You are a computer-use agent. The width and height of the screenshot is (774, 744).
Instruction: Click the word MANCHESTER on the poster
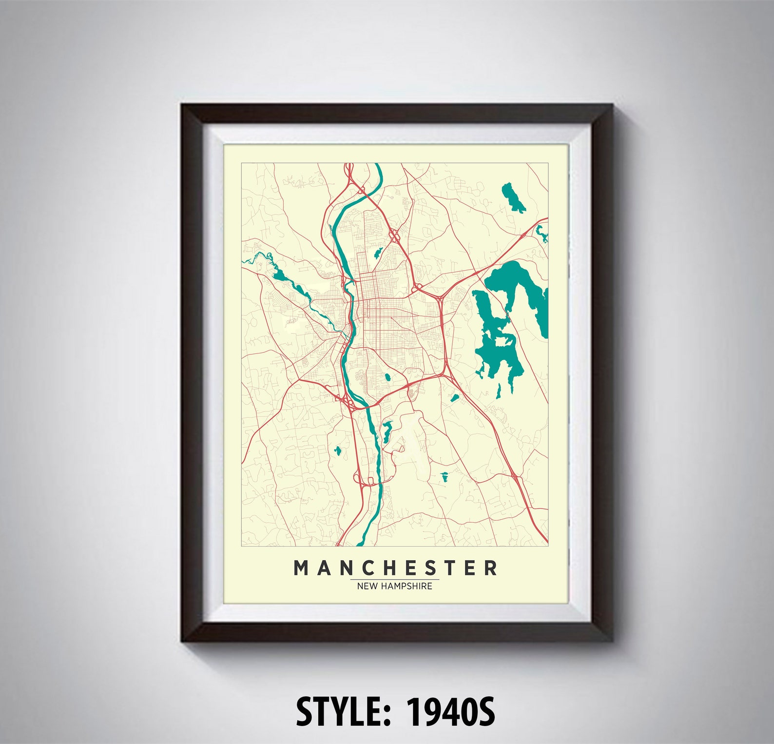click(395, 568)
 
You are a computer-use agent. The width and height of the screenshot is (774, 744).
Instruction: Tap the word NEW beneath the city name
click(367, 586)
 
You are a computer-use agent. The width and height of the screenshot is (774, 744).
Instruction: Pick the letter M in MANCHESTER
click(302, 568)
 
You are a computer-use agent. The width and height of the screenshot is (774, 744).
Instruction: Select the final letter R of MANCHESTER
click(491, 568)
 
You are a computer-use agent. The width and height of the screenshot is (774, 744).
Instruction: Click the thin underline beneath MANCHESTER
click(394, 580)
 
